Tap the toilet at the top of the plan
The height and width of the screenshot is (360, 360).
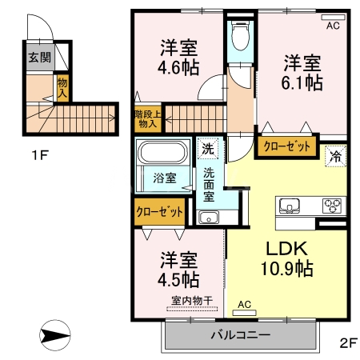[238, 36]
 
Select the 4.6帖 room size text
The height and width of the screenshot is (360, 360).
[178, 68]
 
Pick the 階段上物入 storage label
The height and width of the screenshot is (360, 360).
[147, 118]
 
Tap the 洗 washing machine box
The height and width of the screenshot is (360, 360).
[208, 148]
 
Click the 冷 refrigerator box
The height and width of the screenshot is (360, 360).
[336, 155]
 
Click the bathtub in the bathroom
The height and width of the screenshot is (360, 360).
[165, 153]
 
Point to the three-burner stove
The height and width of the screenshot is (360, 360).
[331, 206]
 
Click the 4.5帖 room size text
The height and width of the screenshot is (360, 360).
[178, 280]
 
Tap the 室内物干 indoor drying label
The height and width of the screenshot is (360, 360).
[191, 302]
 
